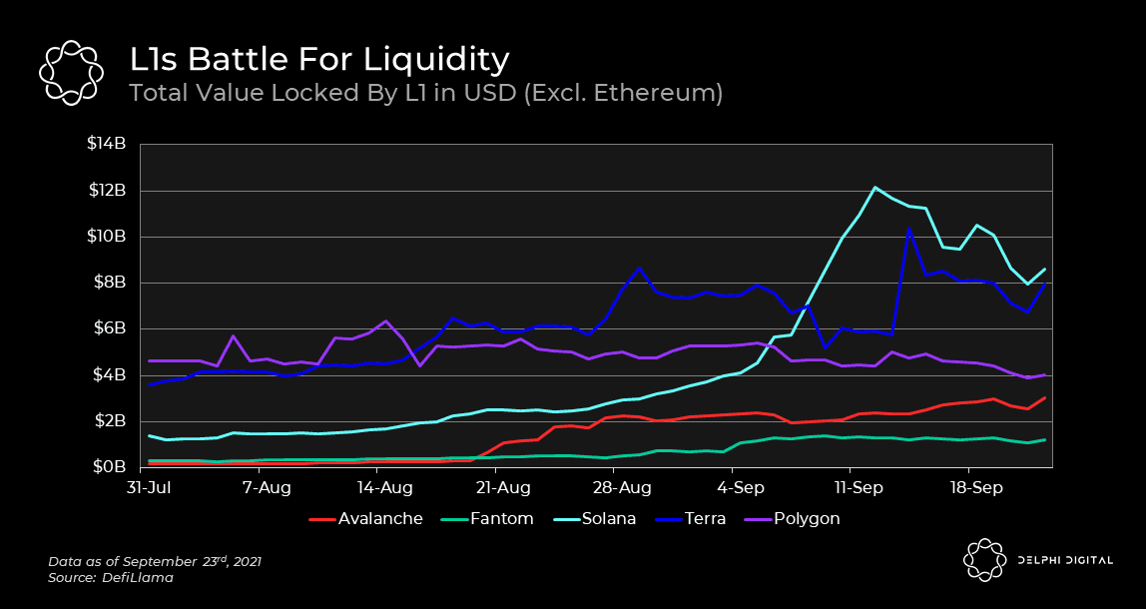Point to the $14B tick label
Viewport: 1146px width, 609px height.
tap(107, 145)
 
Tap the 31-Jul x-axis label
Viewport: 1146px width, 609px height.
tap(148, 489)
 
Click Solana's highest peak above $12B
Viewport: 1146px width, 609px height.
tap(874, 188)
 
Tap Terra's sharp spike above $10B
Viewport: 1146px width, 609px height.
tap(908, 230)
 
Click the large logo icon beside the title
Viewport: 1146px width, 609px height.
tap(71, 72)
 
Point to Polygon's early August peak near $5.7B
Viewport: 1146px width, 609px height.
tap(233, 336)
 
